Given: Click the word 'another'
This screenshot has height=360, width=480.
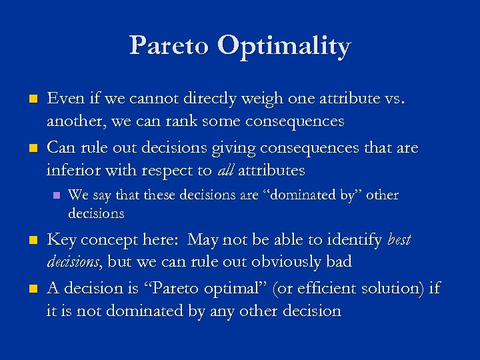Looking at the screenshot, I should pos(73,122).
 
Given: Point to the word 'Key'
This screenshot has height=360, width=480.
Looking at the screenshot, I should pos(61,239).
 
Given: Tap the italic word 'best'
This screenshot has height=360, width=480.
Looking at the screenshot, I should pos(398,239).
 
